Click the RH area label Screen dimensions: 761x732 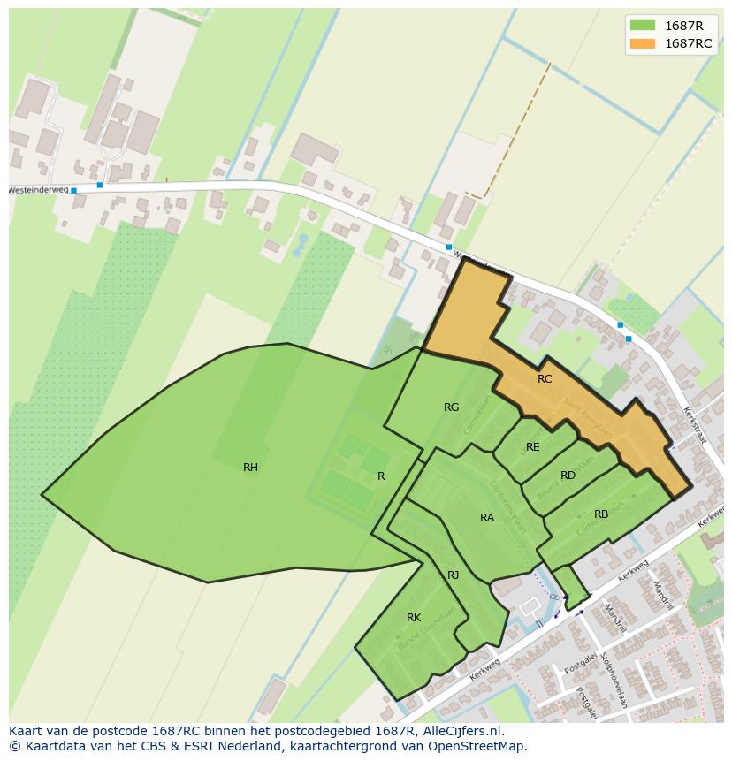coord(250,468)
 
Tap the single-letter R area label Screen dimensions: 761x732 coord(381,476)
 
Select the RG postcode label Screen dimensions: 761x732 coord(451,407)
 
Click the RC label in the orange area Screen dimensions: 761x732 coord(545,379)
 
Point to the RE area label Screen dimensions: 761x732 coord(532,447)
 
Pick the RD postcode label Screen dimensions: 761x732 coord(568,476)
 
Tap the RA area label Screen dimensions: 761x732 coord(487,518)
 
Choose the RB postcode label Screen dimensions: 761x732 coord(601,514)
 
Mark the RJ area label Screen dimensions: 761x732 coord(453,575)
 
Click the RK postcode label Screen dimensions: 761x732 coord(414,618)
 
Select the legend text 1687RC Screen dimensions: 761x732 coord(688,43)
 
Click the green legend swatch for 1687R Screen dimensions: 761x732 coord(642,26)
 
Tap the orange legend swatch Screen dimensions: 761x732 coord(642,43)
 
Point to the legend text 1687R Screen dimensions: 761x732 coord(683,26)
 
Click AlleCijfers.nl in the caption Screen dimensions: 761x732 coord(461,731)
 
